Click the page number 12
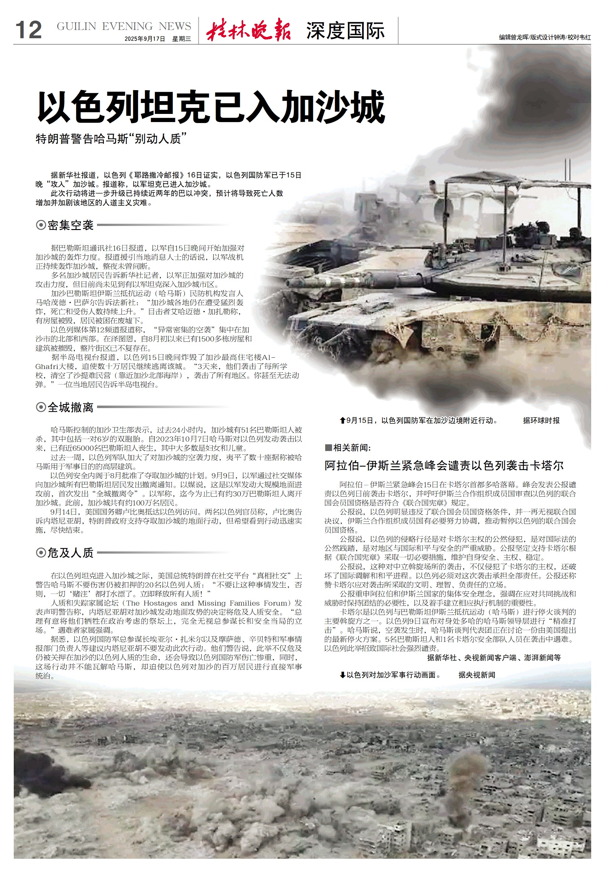pyautogui.click(x=28, y=30)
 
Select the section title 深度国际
pyautogui.click(x=345, y=31)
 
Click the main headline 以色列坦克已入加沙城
pyautogui.click(x=211, y=107)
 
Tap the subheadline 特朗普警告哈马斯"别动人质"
pyautogui.click(x=111, y=139)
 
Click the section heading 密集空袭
pyautogui.click(x=70, y=225)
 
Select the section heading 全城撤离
pyautogui.click(x=70, y=407)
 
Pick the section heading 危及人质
pyautogui.click(x=70, y=553)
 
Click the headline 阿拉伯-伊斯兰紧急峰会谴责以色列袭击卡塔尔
pyautogui.click(x=444, y=465)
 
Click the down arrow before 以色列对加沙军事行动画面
pyautogui.click(x=342, y=675)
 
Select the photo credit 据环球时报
pyautogui.click(x=541, y=421)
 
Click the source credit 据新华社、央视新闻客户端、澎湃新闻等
pyautogui.click(x=494, y=658)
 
